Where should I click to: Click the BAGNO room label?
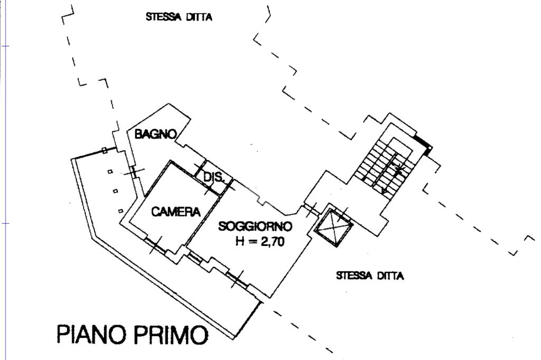pyautogui.click(x=155, y=134)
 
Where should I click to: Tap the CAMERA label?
pyautogui.click(x=176, y=211)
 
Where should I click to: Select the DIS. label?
pyautogui.click(x=214, y=177)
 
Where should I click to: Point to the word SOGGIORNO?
pyautogui.click(x=255, y=226)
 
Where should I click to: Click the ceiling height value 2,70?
pyautogui.click(x=273, y=242)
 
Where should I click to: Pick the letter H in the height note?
pyautogui.click(x=240, y=241)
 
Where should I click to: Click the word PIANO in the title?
pyautogui.click(x=91, y=334)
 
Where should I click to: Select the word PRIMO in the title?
pyautogui.click(x=170, y=334)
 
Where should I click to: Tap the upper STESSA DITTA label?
pyautogui.click(x=179, y=17)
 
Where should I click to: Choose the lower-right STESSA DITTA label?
pyautogui.click(x=369, y=276)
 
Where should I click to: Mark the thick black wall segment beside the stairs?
pyautogui.click(x=423, y=144)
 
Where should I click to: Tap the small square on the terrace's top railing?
pyautogui.click(x=104, y=150)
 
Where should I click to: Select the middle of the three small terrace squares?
pyautogui.click(x=115, y=191)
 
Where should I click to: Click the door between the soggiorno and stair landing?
pyautogui.click(x=311, y=210)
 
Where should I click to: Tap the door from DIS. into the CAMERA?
pyautogui.click(x=208, y=189)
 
